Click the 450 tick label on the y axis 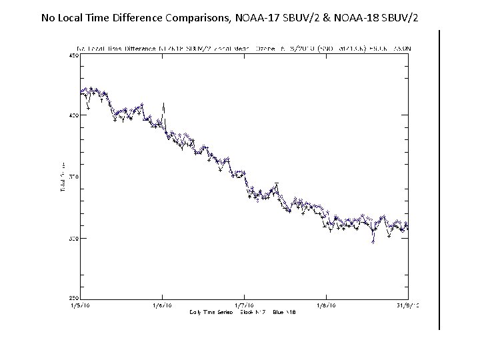[73, 57]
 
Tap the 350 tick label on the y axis [73, 177]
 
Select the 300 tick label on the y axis [73, 238]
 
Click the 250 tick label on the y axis [73, 298]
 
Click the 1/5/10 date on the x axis [81, 305]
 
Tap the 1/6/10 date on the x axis [162, 305]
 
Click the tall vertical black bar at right [439, 179]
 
